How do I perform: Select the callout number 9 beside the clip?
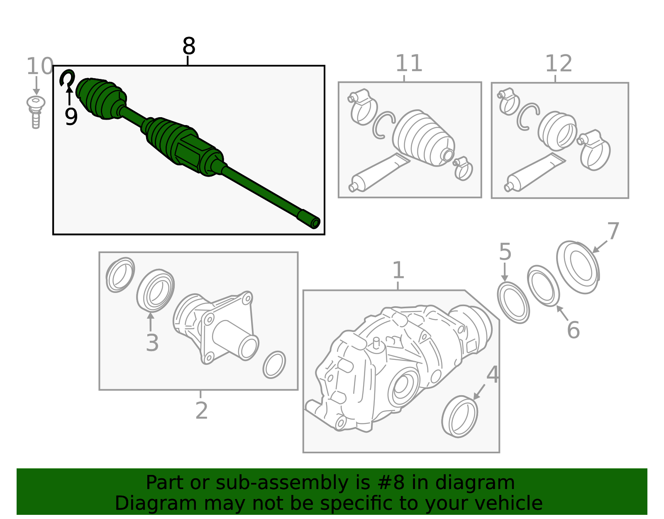[x=71, y=116]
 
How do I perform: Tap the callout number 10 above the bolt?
[x=40, y=66]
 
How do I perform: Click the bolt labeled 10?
[x=36, y=112]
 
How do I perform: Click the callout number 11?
[x=408, y=63]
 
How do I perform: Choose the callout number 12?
[x=558, y=64]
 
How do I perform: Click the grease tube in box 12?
[x=535, y=172]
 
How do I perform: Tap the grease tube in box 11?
[x=379, y=172]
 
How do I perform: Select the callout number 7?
[x=613, y=231]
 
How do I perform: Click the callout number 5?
[x=505, y=252]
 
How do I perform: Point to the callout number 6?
[x=573, y=330]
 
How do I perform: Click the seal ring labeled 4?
[x=459, y=416]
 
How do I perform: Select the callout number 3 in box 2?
[x=152, y=343]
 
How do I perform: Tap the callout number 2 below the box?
[x=201, y=411]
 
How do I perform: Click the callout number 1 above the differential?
[x=398, y=271]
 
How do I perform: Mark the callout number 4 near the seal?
[x=493, y=375]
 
